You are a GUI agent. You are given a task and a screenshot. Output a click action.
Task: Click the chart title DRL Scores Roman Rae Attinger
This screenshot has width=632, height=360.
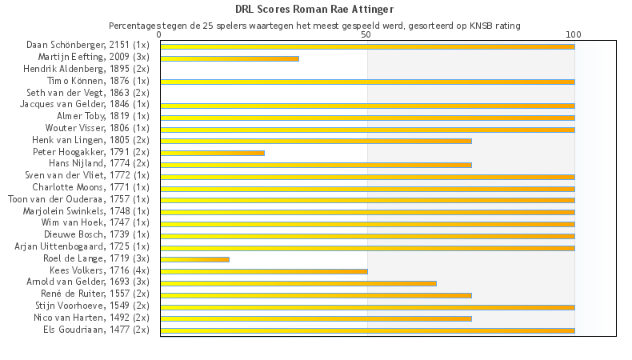(x=314, y=10)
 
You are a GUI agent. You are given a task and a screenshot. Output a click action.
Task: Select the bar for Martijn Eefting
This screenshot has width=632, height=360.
(x=230, y=58)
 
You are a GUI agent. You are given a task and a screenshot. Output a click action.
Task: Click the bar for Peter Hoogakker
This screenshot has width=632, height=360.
(x=212, y=153)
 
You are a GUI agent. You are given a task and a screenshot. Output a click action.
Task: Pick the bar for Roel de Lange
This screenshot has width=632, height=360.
(x=194, y=259)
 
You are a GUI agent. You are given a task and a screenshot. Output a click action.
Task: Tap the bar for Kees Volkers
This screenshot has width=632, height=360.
(x=264, y=271)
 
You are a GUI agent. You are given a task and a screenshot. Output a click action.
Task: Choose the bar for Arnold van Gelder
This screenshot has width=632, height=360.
(x=298, y=283)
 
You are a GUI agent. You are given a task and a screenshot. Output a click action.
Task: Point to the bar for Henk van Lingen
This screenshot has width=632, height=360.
(x=316, y=141)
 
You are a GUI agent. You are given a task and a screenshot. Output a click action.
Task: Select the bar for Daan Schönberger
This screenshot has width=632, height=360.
(x=367, y=46)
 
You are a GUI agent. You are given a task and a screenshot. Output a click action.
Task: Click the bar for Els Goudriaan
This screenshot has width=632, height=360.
(x=367, y=330)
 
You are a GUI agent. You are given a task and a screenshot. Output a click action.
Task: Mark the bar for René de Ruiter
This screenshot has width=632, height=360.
(x=316, y=295)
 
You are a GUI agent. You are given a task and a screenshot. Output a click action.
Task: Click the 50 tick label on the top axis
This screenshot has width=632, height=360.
(x=366, y=35)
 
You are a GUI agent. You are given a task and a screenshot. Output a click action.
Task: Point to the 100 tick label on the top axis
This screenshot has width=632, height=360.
(x=574, y=35)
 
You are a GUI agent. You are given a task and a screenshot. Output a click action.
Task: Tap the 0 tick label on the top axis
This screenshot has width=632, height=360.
(x=160, y=35)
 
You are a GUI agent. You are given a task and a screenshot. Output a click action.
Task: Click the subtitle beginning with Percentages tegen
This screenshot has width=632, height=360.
(x=314, y=26)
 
